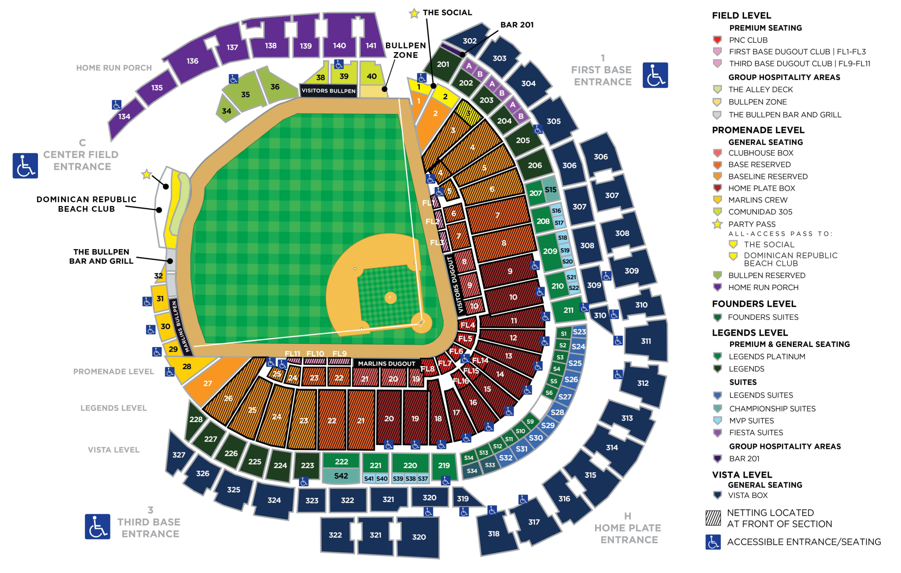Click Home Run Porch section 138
click(271, 46)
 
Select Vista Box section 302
click(469, 41)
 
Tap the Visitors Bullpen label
click(328, 91)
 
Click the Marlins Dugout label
click(386, 363)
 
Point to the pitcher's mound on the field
click(390, 297)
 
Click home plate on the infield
click(421, 323)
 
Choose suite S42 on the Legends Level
click(341, 476)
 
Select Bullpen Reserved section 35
click(245, 94)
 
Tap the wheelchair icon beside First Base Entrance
click(655, 75)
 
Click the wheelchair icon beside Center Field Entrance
click(25, 166)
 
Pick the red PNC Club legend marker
click(717, 40)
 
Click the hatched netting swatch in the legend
click(713, 518)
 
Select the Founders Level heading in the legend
click(754, 304)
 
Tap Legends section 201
click(443, 64)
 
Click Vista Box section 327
click(179, 454)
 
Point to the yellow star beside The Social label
click(414, 13)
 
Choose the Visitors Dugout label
click(454, 284)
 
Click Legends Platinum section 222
click(341, 461)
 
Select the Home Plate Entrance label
click(628, 534)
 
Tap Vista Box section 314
click(612, 447)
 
